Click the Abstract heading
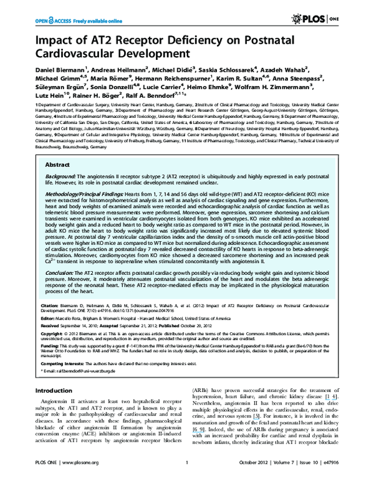pos(59,166)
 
